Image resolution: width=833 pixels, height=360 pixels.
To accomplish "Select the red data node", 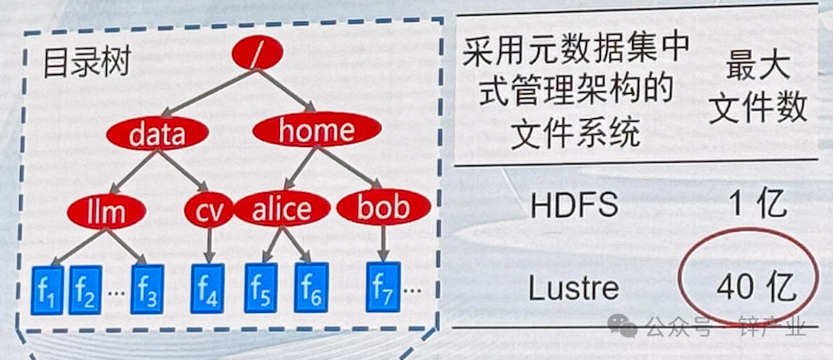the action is coord(157,134).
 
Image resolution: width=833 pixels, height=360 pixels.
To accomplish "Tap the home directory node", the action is coord(317,131).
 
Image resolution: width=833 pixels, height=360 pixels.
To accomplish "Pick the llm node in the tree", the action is coord(108,210).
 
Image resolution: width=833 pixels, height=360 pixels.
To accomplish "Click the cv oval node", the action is coord(209,210).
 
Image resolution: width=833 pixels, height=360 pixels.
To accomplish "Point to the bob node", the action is coord(383,208).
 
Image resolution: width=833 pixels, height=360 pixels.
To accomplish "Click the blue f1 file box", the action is coord(48,288).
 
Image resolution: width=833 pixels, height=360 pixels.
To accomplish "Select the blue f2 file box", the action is coord(85,288).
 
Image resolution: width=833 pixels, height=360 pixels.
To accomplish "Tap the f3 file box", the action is coord(147,288).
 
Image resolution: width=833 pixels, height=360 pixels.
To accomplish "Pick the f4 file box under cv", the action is coord(208,288).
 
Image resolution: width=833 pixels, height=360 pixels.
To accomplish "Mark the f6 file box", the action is coord(310,288).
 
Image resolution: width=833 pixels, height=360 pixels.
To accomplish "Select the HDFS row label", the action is coord(575,205).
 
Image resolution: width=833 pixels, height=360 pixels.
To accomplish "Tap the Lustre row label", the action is coord(574,288).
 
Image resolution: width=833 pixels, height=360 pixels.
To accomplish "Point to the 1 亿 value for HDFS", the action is coord(758,204).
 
